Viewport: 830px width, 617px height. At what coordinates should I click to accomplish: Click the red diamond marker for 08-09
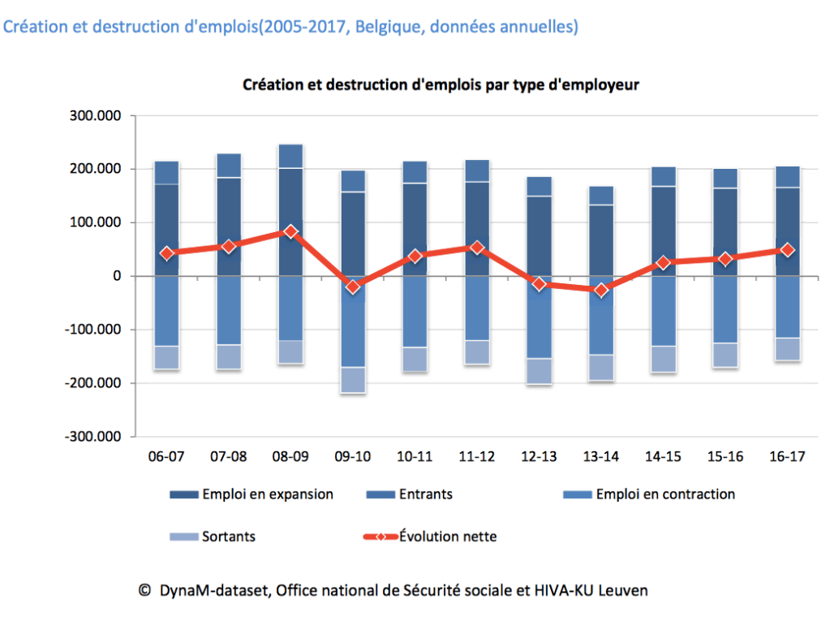290,231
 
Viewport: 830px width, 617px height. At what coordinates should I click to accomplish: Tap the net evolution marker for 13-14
601,290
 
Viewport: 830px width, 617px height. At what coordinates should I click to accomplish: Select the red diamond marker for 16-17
787,250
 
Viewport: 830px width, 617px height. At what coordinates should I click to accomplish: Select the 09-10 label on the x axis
352,457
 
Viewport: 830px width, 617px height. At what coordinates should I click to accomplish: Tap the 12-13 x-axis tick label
539,457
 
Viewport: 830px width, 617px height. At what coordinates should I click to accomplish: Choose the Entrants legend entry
426,494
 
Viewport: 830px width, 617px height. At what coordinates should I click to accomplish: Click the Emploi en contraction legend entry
664,494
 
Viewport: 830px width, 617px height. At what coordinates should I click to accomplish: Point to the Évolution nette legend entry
447,537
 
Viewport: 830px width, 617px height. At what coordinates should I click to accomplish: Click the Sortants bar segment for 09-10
352,380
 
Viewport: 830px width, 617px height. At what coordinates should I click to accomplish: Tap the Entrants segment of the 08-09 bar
290,156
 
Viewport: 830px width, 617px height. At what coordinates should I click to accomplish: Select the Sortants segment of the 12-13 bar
539,371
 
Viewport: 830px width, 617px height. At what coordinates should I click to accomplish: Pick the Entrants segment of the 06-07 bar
166,172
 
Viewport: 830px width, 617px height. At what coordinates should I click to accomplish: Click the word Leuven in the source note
625,591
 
